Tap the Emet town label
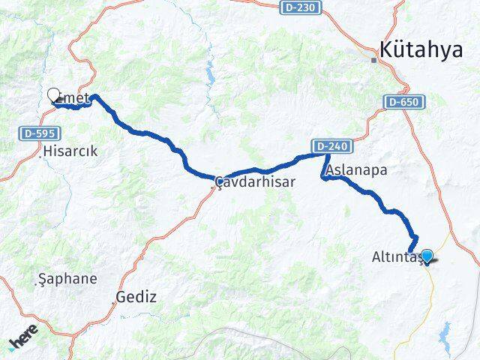74,96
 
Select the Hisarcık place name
70,151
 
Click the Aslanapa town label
357,170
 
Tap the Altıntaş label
399,257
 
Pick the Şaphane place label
67,279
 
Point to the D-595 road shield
34,133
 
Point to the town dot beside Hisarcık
42,152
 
